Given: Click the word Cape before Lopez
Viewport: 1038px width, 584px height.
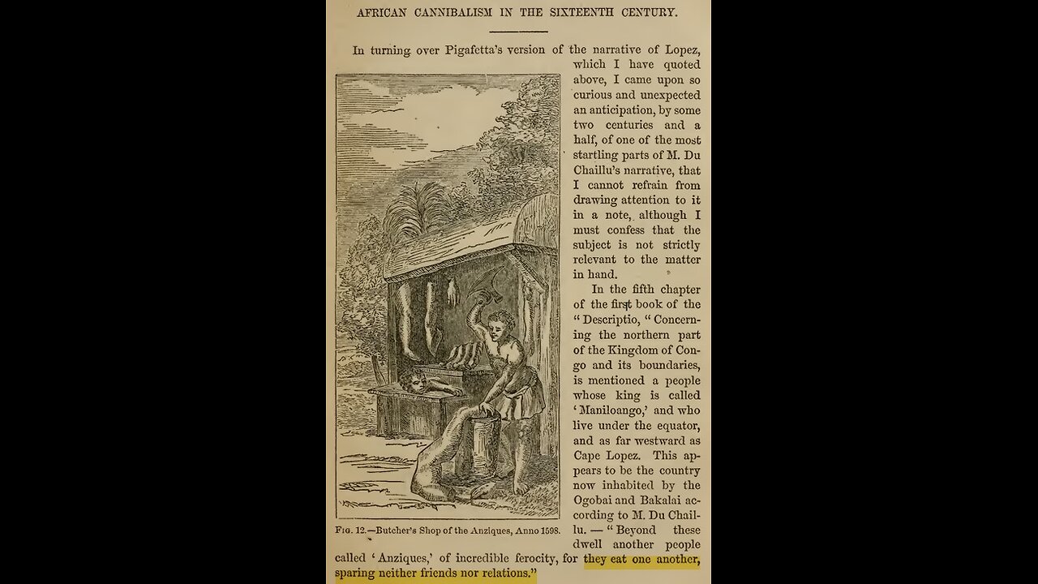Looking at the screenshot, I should [588, 456].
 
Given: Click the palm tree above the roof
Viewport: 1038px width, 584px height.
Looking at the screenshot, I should [417, 210].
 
